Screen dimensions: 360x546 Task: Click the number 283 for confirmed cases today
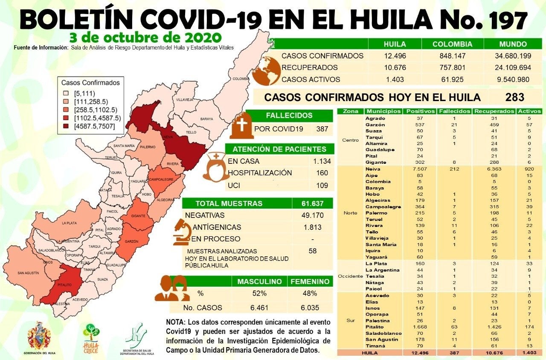click(514, 97)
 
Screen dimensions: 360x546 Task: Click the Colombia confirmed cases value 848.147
click(453, 56)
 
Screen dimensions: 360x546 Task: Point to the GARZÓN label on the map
click(131, 241)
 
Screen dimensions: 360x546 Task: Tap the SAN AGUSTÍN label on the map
click(28, 273)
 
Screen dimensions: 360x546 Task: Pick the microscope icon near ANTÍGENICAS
click(181, 233)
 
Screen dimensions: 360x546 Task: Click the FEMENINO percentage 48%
click(310, 293)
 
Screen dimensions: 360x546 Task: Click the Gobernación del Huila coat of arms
click(39, 335)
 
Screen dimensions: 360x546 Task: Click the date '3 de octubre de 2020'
click(146, 35)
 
